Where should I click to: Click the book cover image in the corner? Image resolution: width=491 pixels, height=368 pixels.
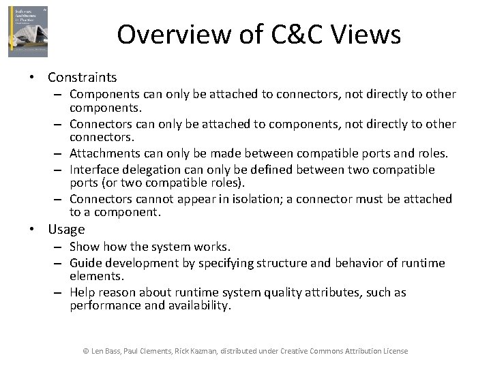(x=28, y=31)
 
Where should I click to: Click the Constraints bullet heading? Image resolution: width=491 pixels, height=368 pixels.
(x=82, y=78)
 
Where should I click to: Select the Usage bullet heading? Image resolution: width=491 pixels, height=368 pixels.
(x=66, y=230)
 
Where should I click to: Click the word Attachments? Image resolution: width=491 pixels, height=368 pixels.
(x=104, y=154)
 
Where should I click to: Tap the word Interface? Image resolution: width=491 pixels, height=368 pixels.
(x=94, y=169)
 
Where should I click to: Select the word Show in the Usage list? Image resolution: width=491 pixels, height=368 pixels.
(x=83, y=247)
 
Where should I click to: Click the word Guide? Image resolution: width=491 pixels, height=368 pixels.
(x=85, y=263)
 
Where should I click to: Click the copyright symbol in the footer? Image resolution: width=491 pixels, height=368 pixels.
(x=85, y=351)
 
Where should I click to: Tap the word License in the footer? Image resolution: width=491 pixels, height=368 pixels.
(x=395, y=351)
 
